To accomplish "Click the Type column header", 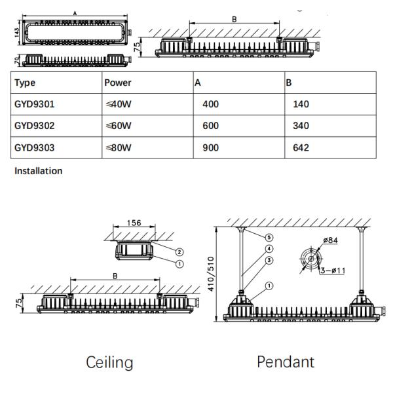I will pyautogui.click(x=25, y=83).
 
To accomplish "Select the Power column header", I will pyautogui.click(x=119, y=83).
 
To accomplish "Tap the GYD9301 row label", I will pyautogui.click(x=33, y=104).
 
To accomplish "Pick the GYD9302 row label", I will pyautogui.click(x=33, y=126).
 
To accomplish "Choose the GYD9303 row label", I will pyautogui.click(x=33, y=147).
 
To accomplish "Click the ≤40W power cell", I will pyautogui.click(x=119, y=104).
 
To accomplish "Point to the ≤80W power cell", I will pyautogui.click(x=119, y=147).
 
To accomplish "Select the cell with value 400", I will pyautogui.click(x=211, y=104).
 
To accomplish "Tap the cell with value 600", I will pyautogui.click(x=211, y=126).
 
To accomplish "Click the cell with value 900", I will pyautogui.click(x=211, y=147).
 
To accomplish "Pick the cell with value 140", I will pyautogui.click(x=301, y=104).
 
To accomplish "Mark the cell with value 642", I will pyautogui.click(x=301, y=147).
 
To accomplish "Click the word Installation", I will pyautogui.click(x=38, y=171).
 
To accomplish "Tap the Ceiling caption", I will pyautogui.click(x=109, y=362).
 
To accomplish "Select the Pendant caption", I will pyautogui.click(x=286, y=362).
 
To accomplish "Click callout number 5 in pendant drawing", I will pyautogui.click(x=269, y=236).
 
